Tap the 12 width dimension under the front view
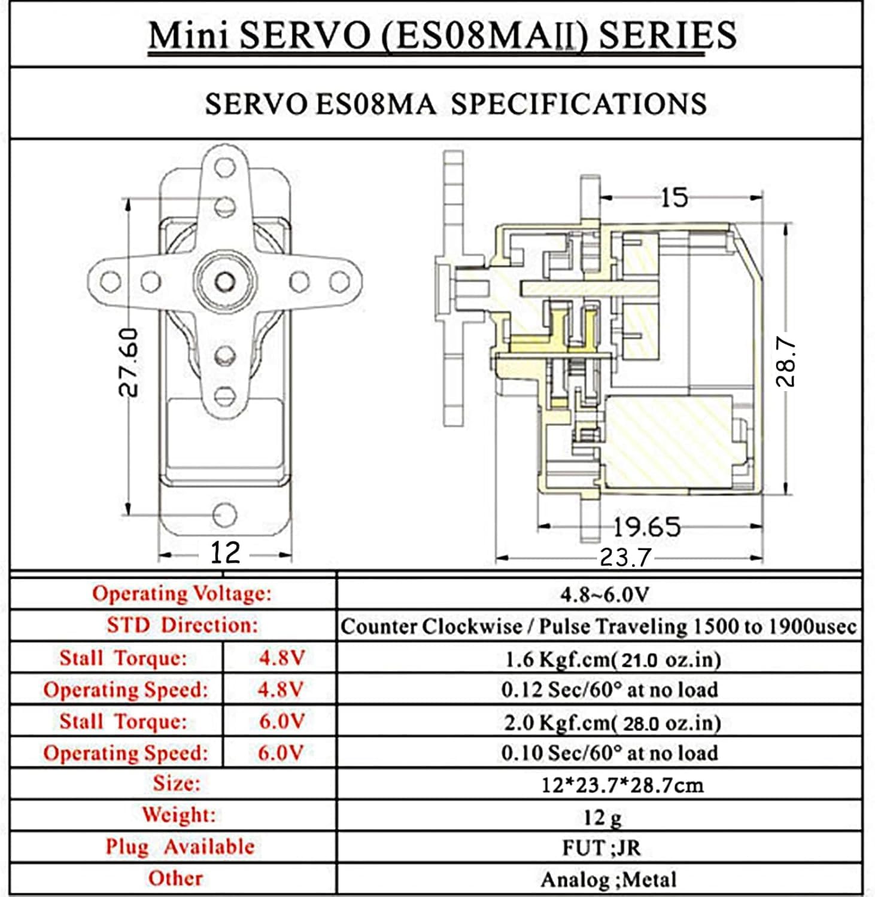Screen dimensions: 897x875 point(224,553)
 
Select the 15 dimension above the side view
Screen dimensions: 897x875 point(674,197)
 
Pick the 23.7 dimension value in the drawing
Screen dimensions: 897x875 point(625,558)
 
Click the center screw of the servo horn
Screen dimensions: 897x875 point(224,280)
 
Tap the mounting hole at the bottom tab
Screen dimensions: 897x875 point(224,514)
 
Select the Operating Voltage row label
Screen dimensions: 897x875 point(181,593)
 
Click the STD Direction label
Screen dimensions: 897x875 point(183,625)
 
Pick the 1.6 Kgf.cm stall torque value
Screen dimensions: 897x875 point(612,659)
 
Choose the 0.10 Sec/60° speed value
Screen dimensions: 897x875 point(609,752)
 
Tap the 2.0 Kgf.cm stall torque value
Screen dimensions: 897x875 point(612,722)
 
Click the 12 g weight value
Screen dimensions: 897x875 point(602,816)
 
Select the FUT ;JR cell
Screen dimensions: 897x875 point(601,847)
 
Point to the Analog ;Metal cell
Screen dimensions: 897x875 point(608,879)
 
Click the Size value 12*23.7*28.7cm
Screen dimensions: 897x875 point(622,785)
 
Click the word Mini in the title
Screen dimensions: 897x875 point(188,36)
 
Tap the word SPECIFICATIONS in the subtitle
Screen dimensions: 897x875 point(578,104)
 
